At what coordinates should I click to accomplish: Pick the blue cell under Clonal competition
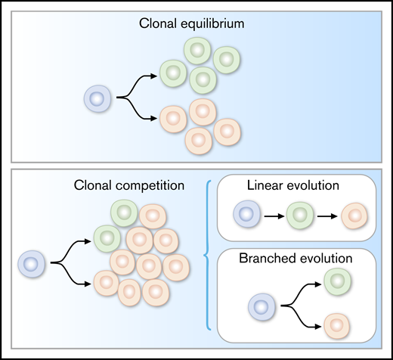(x=31, y=264)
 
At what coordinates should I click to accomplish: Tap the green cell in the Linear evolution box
(x=297, y=215)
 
